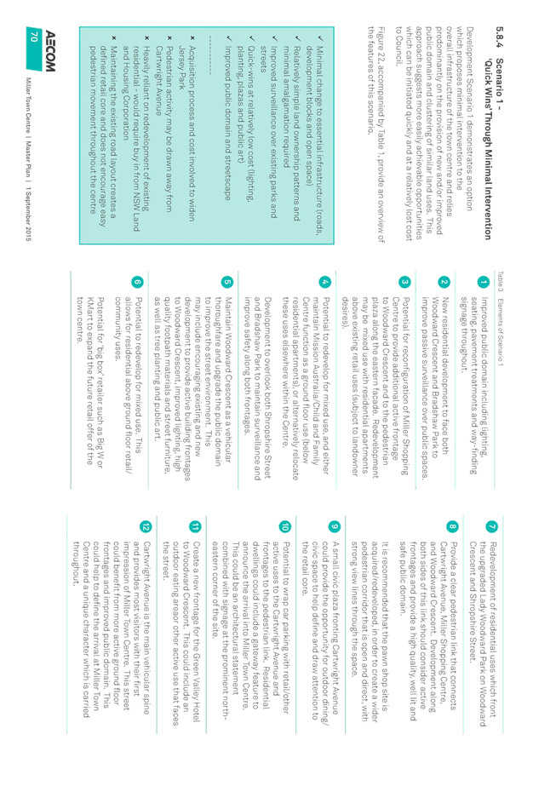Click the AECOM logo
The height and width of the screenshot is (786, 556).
[49, 51]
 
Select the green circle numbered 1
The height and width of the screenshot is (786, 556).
[484, 282]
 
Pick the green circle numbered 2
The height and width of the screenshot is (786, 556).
[444, 282]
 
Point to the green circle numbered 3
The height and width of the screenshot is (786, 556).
[404, 282]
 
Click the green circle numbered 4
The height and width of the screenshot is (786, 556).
[325, 282]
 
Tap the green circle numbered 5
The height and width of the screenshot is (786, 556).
[227, 282]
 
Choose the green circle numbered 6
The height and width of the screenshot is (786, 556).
[137, 282]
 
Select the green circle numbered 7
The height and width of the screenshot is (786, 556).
[492, 526]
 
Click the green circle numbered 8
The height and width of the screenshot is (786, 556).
[452, 526]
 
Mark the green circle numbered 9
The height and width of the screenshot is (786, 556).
[334, 526]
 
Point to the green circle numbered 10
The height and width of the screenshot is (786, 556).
[284, 526]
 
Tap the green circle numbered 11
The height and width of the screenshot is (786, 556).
[195, 526]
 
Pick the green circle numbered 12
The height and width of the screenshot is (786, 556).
[146, 526]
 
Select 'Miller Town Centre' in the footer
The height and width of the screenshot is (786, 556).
[29, 105]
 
